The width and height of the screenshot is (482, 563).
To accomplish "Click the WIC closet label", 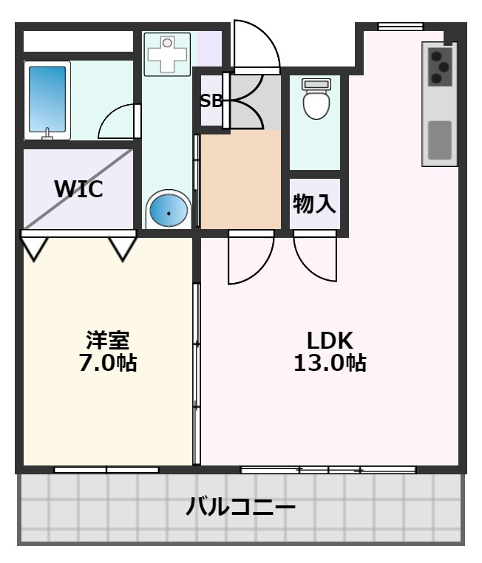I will tap(78, 188).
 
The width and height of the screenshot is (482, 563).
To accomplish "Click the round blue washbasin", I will tap(169, 211).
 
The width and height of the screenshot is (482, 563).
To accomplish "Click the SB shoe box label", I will tap(211, 101).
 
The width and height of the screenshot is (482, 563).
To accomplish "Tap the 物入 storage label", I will tap(315, 204).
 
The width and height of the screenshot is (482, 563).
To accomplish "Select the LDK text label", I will tap(330, 341).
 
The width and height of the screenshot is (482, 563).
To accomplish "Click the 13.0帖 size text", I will tap(330, 364).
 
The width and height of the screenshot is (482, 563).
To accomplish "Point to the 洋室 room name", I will tap(108, 341).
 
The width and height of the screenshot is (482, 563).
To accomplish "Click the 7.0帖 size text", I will tap(108, 364).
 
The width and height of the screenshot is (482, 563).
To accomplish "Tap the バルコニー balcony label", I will tap(241, 508).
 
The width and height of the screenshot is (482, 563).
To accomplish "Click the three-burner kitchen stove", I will tap(441, 66).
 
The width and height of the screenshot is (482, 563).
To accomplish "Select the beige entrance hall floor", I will tap(241, 180).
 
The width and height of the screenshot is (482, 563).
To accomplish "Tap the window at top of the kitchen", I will tap(400, 27).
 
